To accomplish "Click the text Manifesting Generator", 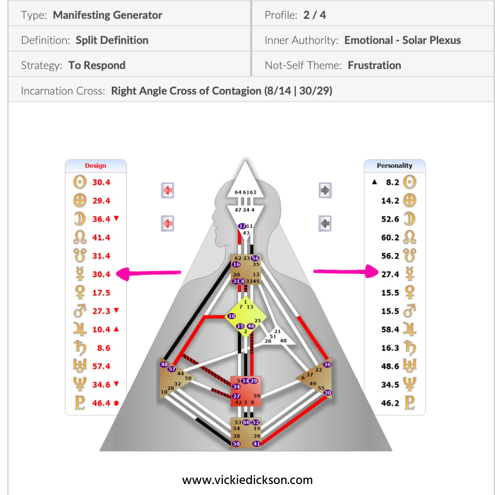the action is (107, 15).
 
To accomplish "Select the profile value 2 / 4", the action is (314, 15).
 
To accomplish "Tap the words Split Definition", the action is (112, 40).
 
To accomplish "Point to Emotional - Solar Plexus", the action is (402, 40).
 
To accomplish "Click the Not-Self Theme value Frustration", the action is (374, 66).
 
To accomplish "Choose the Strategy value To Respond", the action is (97, 66).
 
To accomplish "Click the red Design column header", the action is (95, 166).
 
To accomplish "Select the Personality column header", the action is (394, 166).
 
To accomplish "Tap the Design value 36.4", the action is (101, 219).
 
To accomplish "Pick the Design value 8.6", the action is (104, 348).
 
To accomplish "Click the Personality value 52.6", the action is (390, 219).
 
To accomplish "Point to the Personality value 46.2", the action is (390, 403).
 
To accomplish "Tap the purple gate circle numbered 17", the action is (242, 226).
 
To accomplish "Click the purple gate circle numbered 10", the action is (232, 316).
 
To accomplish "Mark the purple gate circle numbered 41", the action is (257, 444).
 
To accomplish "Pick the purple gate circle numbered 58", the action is (236, 444).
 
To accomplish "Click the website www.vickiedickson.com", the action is (247, 480).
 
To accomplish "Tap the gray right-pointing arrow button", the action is (325, 190).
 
